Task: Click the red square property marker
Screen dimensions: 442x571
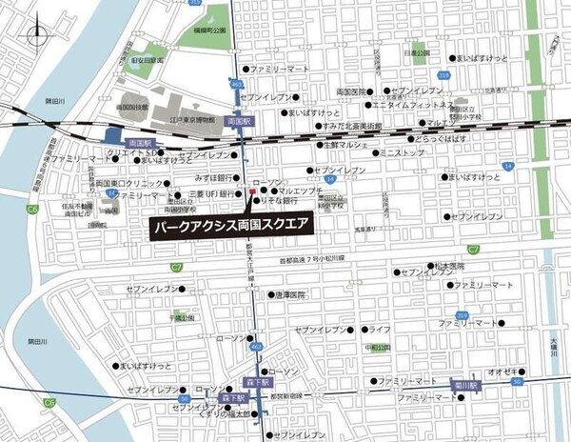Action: click(251, 191)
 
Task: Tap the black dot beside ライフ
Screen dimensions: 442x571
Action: click(362, 329)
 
